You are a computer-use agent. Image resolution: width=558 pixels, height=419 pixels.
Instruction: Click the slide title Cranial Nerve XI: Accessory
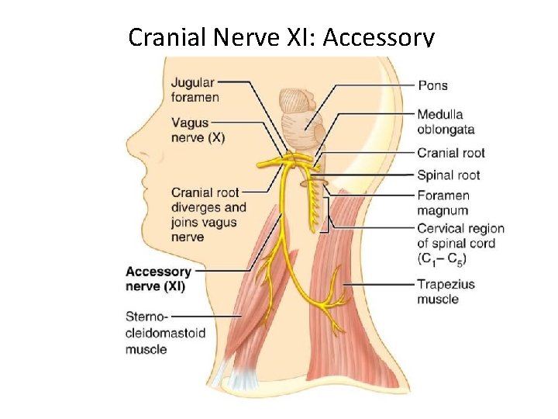(x=281, y=36)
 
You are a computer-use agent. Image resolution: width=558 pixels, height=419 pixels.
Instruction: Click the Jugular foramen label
(x=195, y=90)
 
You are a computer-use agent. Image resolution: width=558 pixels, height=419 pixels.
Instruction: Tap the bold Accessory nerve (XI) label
(x=158, y=279)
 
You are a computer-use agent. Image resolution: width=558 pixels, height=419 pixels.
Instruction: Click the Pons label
(x=432, y=85)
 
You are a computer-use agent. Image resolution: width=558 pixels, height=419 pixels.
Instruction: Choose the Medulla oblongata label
(x=446, y=122)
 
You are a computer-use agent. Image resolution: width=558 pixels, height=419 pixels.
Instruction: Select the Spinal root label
(x=448, y=175)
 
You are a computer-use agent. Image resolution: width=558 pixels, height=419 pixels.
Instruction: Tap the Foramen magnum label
(x=443, y=203)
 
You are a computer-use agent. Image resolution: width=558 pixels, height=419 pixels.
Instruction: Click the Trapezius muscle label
(x=446, y=292)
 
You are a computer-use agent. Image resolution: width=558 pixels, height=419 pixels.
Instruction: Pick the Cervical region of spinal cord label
(x=460, y=243)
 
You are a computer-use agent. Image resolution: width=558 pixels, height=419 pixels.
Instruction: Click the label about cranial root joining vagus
(x=208, y=214)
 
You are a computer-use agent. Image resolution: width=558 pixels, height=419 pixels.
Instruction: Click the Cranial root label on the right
(x=450, y=153)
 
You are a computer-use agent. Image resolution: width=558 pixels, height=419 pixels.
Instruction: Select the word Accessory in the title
(x=379, y=36)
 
